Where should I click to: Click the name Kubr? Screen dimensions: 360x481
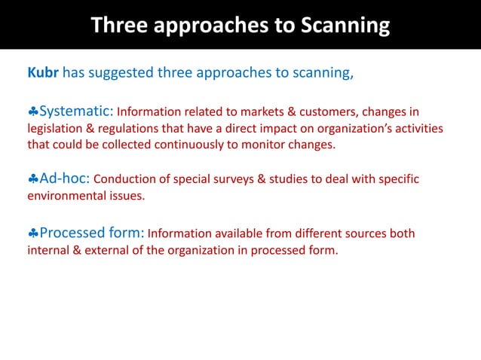42,74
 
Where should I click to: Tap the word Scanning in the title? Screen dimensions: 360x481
345,26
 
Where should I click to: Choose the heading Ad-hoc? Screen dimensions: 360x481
64,178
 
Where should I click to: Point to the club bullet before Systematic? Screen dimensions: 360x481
32,113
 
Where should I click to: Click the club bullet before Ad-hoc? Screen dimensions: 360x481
32,179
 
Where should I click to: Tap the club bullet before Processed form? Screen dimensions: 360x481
32,233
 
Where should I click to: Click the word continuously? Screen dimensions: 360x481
201,145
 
